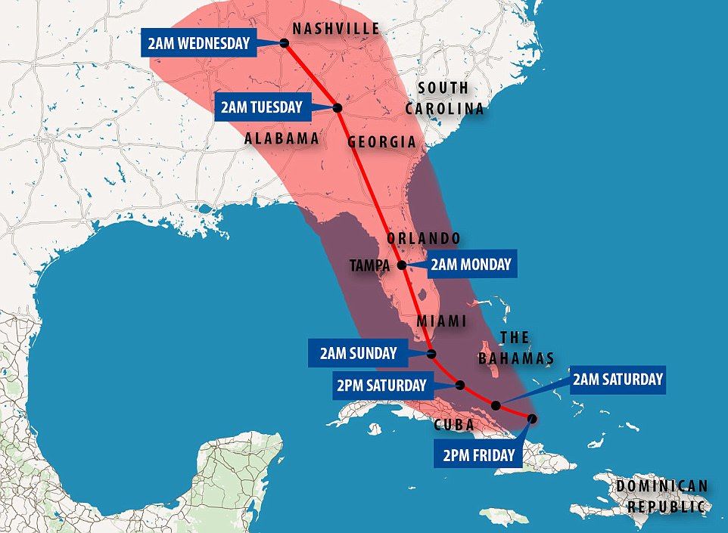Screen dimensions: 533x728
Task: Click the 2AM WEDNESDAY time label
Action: pos(198,43)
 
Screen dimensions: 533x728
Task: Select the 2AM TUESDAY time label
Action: pos(261,107)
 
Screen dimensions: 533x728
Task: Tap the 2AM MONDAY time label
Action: pos(470,265)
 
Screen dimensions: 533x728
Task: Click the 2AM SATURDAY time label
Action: pos(618,379)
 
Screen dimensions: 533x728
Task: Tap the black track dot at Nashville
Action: pos(285,43)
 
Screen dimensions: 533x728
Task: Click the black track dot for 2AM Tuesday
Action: pos(338,107)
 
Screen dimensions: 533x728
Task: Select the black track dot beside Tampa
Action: pos(402,265)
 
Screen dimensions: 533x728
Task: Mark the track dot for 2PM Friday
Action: pos(532,418)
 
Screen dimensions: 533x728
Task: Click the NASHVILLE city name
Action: pos(336,29)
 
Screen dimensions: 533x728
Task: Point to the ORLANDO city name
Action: pos(423,238)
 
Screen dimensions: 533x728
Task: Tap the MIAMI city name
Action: pos(442,321)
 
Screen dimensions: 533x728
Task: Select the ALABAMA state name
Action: pos(282,138)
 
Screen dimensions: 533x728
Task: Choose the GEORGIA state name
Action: pos(381,142)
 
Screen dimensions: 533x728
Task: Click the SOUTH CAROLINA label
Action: pos(443,98)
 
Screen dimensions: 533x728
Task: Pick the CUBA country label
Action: pos(454,425)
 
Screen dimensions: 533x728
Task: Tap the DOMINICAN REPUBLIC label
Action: pos(661,496)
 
